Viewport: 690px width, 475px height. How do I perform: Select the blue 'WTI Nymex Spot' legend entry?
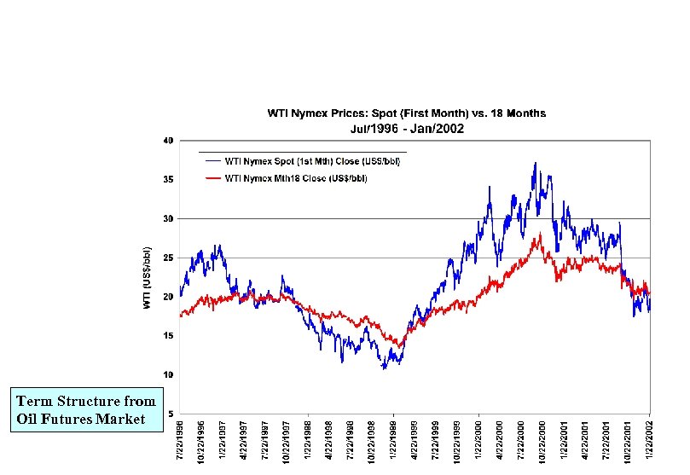(x=311, y=159)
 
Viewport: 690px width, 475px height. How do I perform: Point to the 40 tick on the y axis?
(x=169, y=140)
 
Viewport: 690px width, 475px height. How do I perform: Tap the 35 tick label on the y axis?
(x=169, y=179)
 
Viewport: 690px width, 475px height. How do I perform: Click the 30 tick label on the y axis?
(x=169, y=218)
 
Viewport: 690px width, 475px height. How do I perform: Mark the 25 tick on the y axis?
(x=169, y=258)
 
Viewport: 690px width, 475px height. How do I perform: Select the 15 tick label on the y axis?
(x=169, y=336)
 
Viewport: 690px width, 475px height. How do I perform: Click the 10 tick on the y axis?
(x=169, y=375)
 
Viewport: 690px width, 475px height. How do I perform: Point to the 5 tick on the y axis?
(x=171, y=414)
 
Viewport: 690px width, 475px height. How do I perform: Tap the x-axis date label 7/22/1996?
(x=180, y=443)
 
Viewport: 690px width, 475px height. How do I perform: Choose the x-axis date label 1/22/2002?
(x=650, y=443)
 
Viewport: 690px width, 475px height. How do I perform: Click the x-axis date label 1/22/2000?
(x=478, y=443)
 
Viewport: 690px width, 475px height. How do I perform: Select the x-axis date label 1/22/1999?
(x=393, y=443)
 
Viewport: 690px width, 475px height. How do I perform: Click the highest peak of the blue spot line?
(x=536, y=163)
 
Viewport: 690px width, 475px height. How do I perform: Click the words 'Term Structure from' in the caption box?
(x=86, y=401)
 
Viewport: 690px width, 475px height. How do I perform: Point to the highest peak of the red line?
(x=537, y=235)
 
